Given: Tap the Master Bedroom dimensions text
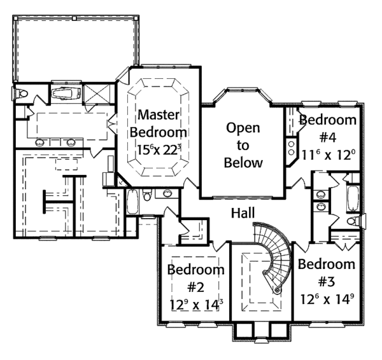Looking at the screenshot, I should (163, 151).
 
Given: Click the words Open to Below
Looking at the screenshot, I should (243, 145).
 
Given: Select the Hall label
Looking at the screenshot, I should (243, 212).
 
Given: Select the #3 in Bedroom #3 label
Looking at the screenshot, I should (326, 280).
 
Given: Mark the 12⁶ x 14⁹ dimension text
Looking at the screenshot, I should (327, 298).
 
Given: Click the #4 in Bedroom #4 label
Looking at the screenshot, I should (327, 137).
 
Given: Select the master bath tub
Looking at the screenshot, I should (66, 95).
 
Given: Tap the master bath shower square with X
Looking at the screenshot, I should (98, 95).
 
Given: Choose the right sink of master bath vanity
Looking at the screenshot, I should (71, 141).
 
